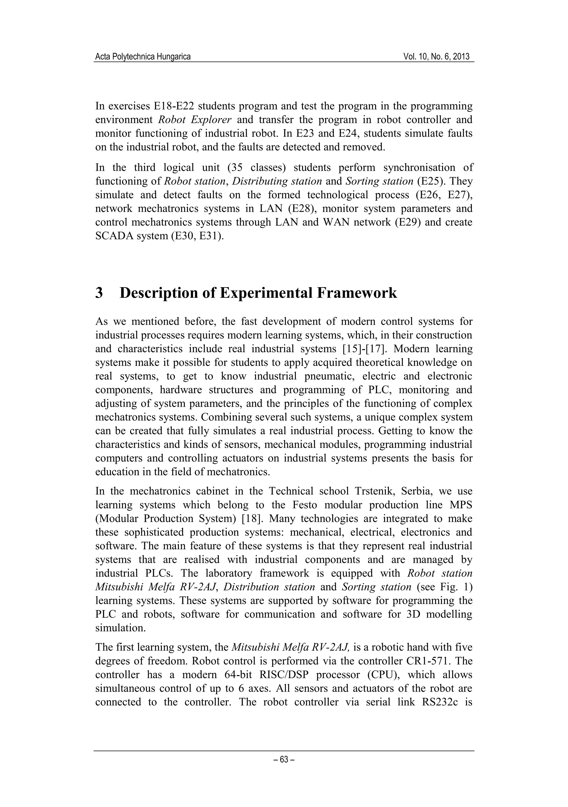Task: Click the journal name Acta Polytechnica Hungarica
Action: (x=143, y=57)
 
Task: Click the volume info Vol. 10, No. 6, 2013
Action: (x=437, y=57)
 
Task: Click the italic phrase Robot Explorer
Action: (x=194, y=120)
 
